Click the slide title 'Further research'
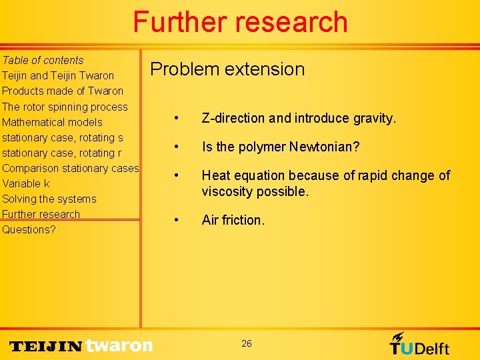coord(240,22)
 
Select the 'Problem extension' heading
coord(227,69)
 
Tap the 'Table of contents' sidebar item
coord(43,60)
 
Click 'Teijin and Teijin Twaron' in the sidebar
coord(58,75)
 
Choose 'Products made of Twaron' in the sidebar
coord(63,91)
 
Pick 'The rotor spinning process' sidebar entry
coord(65,107)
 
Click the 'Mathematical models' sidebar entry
coord(52,122)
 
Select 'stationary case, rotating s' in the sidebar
coord(63,137)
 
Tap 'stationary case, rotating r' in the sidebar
coord(62,153)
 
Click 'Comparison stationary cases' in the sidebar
coord(70,168)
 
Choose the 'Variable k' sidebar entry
coord(26,183)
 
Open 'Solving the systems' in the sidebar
coord(49,199)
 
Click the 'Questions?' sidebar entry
coord(29,229)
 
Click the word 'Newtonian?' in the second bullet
coord(325,147)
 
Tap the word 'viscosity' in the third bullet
coord(228,192)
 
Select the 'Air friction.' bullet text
coord(233,220)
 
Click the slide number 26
coord(247,343)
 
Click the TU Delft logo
coord(419,344)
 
